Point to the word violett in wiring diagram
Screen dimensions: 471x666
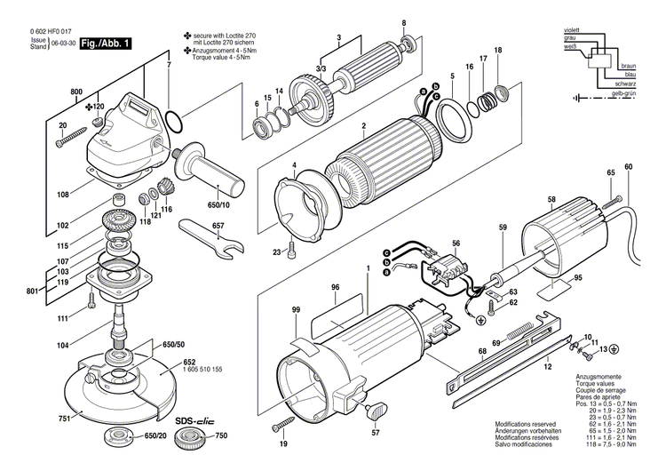(571, 31)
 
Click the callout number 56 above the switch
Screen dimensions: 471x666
(456, 243)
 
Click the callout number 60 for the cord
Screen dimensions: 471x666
(629, 168)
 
